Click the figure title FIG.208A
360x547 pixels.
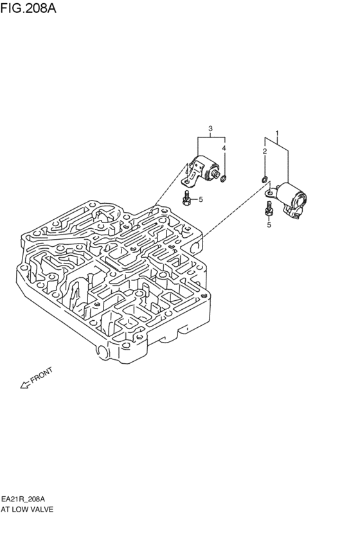coord(28,8)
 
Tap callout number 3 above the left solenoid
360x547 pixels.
coord(210,129)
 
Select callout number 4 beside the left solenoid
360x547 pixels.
coord(224,148)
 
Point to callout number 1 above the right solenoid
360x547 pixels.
coord(277,133)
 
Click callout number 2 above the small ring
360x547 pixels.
coord(264,151)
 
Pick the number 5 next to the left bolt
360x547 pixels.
coord(201,199)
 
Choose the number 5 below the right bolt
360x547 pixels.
coord(269,225)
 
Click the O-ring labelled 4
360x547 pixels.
coord(224,179)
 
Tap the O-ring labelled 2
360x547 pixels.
coord(264,180)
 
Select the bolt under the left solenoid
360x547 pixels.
coord(186,197)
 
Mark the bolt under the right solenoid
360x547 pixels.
coord(268,209)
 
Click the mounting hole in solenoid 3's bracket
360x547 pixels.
coord(188,181)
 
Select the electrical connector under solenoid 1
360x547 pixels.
coord(292,212)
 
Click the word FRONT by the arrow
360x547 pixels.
coord(42,375)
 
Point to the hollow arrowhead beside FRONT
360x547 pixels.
coord(25,385)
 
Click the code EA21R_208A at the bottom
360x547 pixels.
coord(23,499)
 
